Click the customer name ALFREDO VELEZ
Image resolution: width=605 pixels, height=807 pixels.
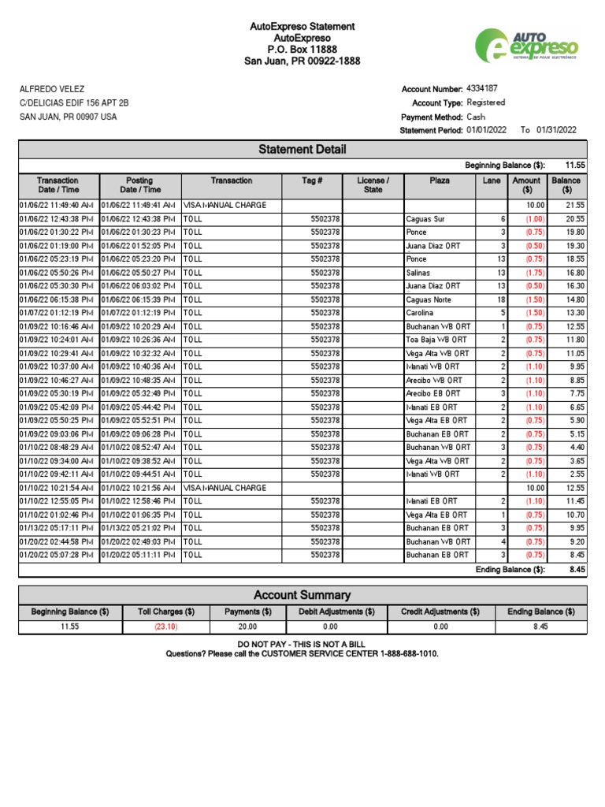[x=52, y=89]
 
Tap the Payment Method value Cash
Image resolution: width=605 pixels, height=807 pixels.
[x=477, y=116]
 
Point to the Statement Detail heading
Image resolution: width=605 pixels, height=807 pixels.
[x=302, y=150]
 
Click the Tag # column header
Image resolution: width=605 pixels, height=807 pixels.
[x=312, y=180]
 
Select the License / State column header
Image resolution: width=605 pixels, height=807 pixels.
[x=373, y=185]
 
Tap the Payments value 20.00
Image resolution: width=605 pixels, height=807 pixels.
[x=247, y=627]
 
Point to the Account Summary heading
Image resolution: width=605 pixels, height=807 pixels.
[x=302, y=595]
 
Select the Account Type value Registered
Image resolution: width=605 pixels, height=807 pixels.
[x=486, y=102]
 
